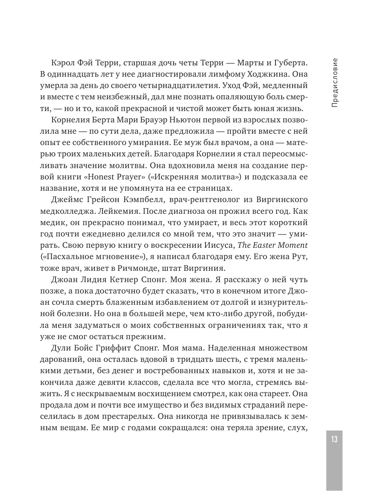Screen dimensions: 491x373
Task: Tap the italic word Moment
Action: point(294,246)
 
